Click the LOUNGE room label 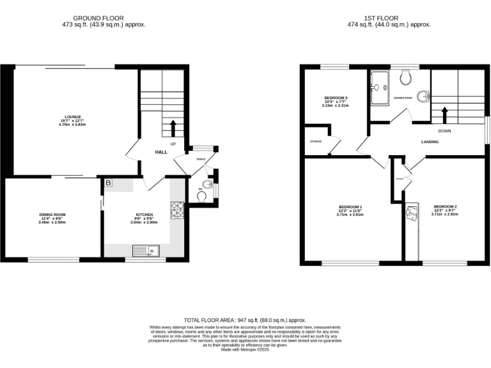pos(63,117)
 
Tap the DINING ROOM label pos(52,215)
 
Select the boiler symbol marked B pos(108,184)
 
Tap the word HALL pos(161,152)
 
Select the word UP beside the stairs pos(173,144)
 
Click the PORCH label pos(201,159)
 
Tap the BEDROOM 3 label pos(336,98)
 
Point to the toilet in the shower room pos(404,76)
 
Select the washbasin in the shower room pos(422,97)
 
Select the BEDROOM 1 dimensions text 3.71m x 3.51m pos(350,215)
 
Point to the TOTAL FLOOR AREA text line pos(245,319)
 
